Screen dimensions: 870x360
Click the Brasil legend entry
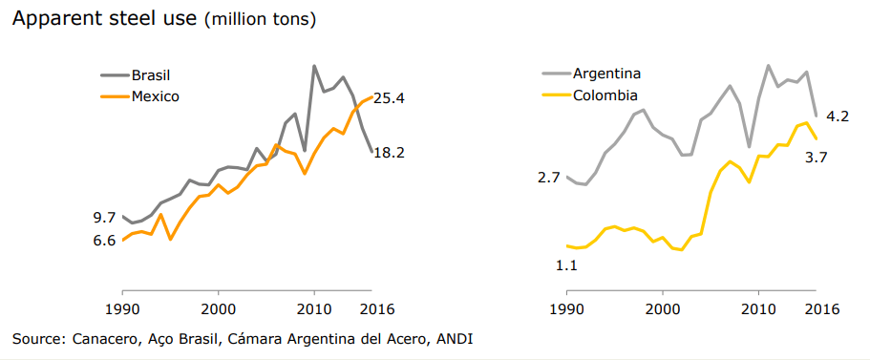coord(138,74)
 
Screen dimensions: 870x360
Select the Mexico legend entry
coord(139,96)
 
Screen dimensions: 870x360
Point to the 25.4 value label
coord(389,98)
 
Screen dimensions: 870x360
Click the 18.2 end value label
coord(389,153)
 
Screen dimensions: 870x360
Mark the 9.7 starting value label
coord(104,218)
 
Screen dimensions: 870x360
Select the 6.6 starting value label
coord(104,241)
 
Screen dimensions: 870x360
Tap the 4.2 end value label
coord(838,117)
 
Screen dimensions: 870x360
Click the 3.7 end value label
coord(816,158)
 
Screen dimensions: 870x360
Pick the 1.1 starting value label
coord(566,265)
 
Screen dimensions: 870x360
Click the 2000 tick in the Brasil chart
coord(218,308)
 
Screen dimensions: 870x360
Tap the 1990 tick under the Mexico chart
coord(122,308)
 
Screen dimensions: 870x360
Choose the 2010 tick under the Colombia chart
coord(758,308)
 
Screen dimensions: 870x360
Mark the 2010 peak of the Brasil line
coord(314,66)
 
